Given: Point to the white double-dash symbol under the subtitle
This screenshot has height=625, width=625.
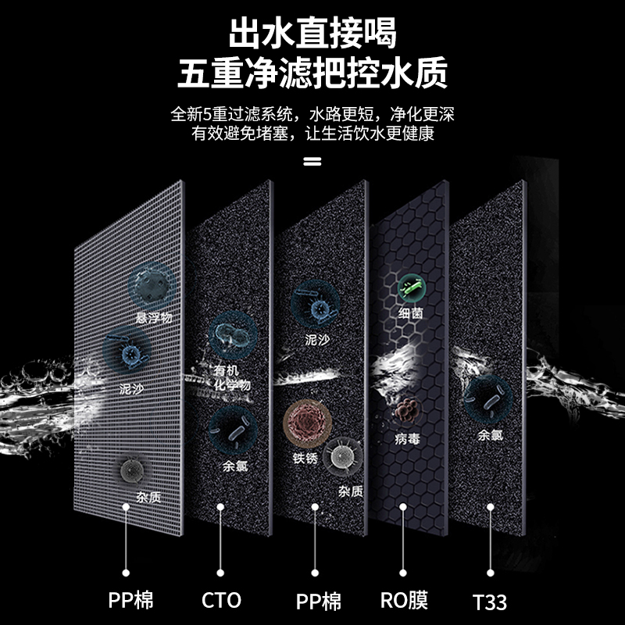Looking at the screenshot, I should (x=312, y=162).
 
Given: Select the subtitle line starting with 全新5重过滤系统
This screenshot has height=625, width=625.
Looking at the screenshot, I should (x=312, y=114).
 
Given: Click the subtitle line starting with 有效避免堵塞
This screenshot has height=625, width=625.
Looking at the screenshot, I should (x=312, y=134).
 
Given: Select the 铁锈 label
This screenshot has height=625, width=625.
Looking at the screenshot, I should (x=305, y=459).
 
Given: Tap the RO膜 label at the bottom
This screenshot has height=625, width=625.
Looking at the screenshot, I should (x=403, y=601).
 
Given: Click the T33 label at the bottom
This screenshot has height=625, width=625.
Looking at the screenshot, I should (x=489, y=602).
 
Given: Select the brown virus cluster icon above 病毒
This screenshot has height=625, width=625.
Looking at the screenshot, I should (x=408, y=412).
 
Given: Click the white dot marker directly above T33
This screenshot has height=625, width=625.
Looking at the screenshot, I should (x=490, y=507).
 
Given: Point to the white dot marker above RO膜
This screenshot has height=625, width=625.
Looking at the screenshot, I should (x=403, y=507).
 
